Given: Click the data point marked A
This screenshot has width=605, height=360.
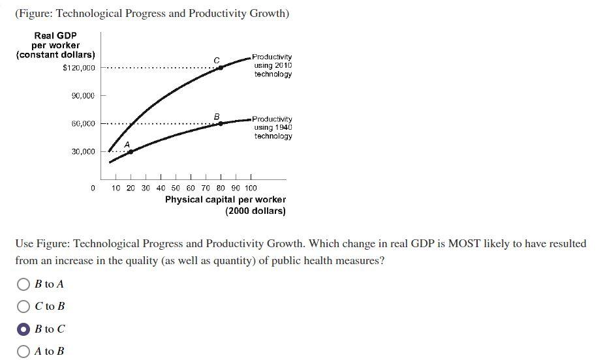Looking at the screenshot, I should pos(130,151).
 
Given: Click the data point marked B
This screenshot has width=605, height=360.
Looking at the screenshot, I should pos(220,123).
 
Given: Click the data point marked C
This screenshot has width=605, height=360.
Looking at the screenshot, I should pos(220,67).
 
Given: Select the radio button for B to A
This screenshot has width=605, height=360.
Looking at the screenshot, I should pos(23,284).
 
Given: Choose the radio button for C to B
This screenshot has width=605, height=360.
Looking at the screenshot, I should pos(23,306).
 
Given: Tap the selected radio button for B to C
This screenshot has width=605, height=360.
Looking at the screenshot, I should pos(23,329).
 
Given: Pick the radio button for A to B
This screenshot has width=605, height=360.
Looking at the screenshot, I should pos(23,352).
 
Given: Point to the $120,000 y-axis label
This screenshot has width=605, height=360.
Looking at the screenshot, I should pos(78,68).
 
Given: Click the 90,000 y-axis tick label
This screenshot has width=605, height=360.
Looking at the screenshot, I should pos(83,96).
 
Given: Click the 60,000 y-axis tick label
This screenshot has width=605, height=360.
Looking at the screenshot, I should pos(83,123).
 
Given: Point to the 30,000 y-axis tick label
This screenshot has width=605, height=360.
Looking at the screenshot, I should pos(83,151).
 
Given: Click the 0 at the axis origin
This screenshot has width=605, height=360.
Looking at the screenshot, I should pos(93,188).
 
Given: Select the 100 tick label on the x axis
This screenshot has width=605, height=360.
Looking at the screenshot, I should pos(251,188).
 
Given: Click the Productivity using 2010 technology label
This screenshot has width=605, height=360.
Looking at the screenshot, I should pos(272,66).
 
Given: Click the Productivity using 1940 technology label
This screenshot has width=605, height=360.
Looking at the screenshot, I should pos(272,128).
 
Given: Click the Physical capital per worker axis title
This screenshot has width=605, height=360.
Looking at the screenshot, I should pos(225,200).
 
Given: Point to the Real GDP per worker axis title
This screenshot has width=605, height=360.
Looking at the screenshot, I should pos(55,45).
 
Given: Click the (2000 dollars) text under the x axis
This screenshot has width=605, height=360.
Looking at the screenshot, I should pos(255,211).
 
